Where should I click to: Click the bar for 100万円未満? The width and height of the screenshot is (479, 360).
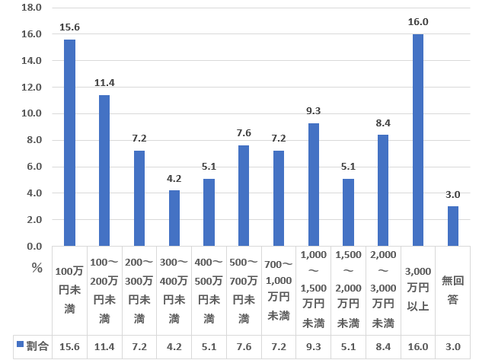69,143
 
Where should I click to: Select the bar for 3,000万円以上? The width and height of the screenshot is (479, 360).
418,140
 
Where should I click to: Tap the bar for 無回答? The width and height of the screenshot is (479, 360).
453,226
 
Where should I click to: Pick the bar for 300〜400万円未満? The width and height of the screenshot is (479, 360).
174,218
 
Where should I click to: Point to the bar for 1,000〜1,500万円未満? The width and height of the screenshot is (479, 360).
314,185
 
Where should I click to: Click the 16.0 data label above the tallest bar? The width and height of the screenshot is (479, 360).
418,22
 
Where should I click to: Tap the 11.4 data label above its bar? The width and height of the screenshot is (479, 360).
104,83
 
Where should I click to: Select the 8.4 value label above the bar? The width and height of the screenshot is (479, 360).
383,123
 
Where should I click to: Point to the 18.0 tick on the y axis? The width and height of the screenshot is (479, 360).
33,8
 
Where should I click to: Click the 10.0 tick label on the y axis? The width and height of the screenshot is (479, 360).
33,114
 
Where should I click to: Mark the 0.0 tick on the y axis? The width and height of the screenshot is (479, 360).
33,247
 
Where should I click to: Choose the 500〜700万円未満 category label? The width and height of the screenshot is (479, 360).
244,289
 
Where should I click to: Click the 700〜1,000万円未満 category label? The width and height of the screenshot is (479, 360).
279,289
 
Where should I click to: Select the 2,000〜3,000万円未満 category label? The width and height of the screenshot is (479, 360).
383,289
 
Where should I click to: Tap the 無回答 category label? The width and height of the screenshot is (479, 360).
453,289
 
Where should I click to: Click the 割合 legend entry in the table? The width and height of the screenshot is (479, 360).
32,346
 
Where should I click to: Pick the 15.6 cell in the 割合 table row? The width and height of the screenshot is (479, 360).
69,346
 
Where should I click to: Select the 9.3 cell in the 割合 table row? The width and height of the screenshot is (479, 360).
314,346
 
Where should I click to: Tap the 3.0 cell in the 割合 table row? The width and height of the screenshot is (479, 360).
453,346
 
